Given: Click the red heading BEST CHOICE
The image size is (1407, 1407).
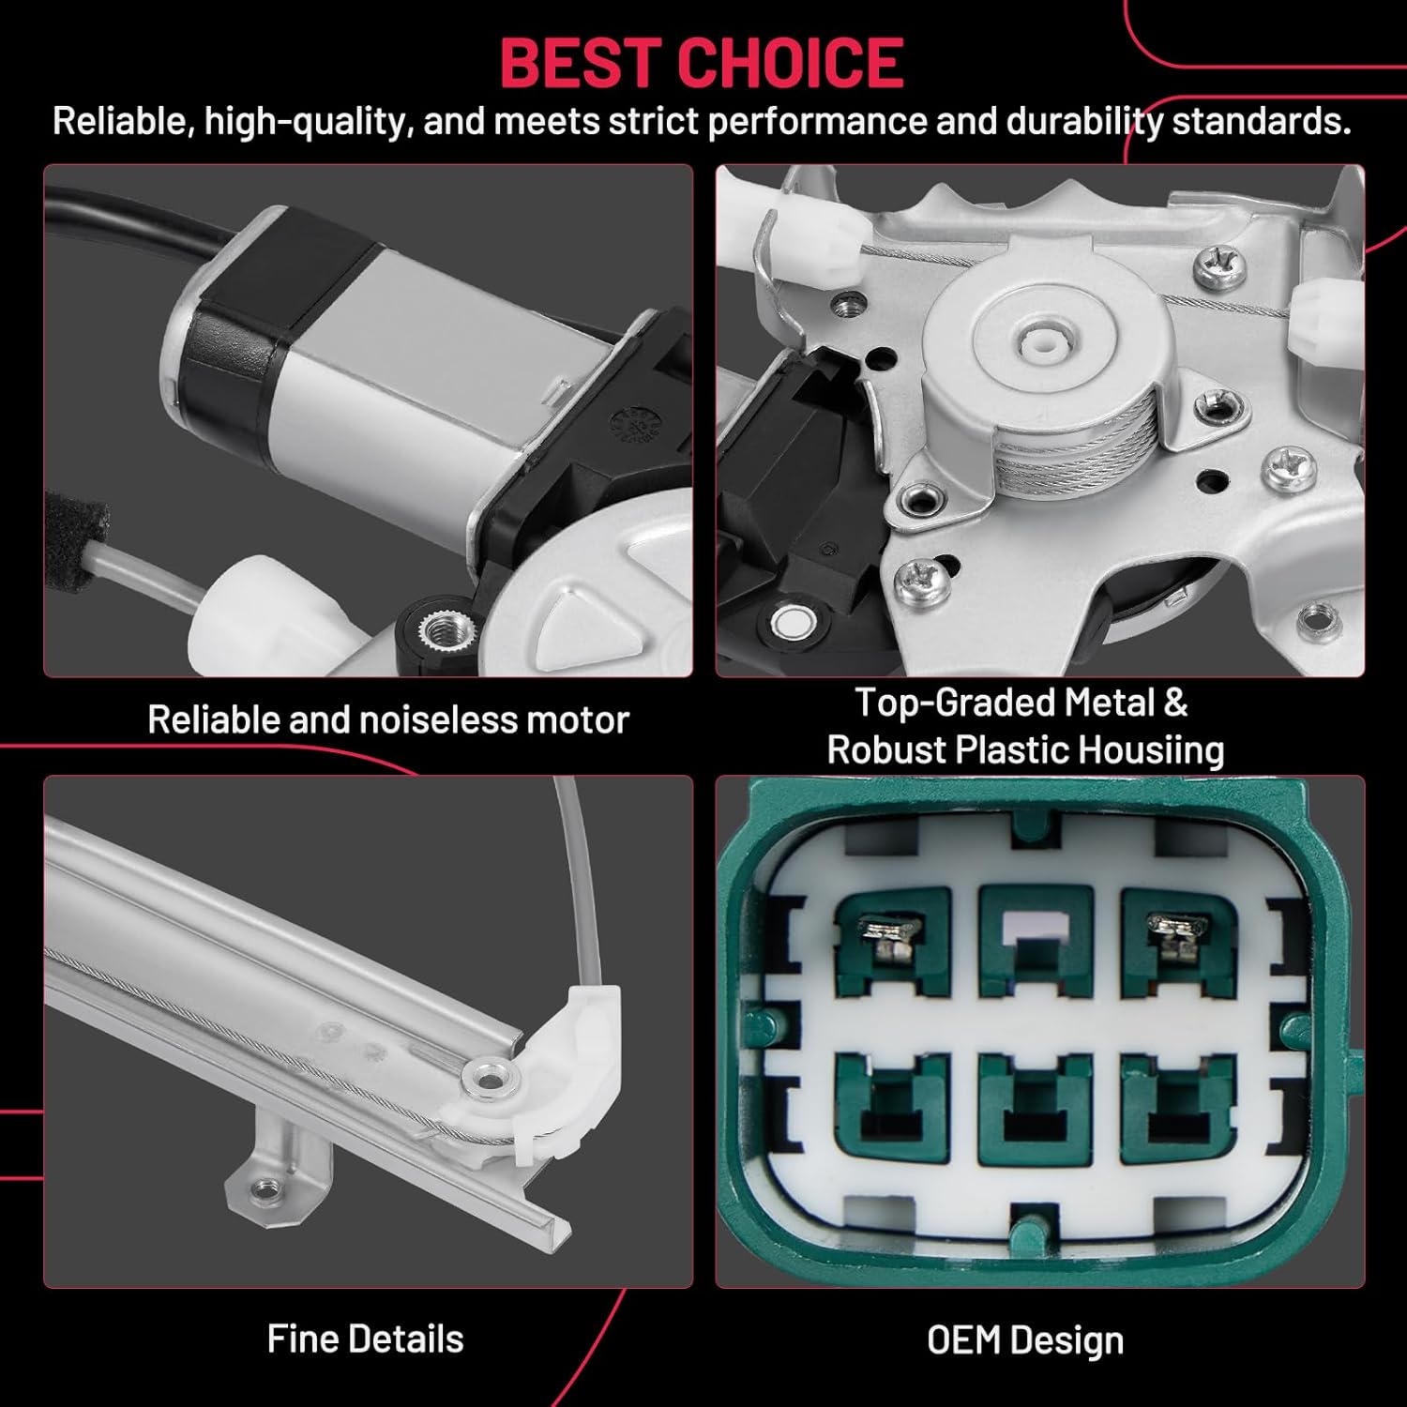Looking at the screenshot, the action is pos(702,63).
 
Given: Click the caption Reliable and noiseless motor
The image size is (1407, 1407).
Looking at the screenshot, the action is pos(388,719).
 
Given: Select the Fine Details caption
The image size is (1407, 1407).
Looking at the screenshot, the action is pos(365,1339).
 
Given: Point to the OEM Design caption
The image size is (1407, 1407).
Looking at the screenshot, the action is pos(1025,1340).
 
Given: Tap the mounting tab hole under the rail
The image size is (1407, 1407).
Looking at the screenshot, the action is pos(265,1188).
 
